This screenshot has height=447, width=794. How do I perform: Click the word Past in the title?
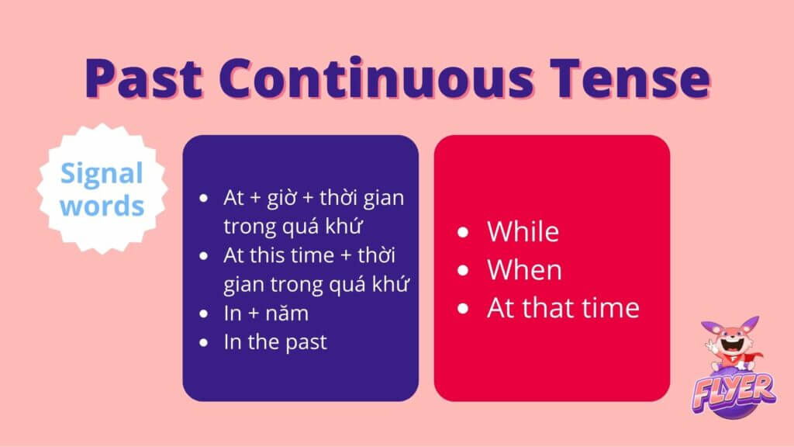pyautogui.click(x=143, y=78)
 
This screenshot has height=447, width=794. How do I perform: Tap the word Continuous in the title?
pyautogui.click(x=376, y=78)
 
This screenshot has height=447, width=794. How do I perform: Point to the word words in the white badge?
pyautogui.click(x=102, y=205)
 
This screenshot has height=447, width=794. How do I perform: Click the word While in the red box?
pyautogui.click(x=523, y=231)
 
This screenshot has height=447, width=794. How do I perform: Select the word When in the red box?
pyautogui.click(x=525, y=269)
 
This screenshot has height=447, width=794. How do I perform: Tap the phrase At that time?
pyautogui.click(x=563, y=307)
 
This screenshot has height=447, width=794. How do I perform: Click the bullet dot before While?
pyautogui.click(x=463, y=232)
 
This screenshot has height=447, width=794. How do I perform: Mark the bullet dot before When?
pyautogui.click(x=463, y=270)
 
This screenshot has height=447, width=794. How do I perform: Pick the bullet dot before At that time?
pyautogui.click(x=463, y=308)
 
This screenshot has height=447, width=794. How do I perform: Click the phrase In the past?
pyautogui.click(x=275, y=342)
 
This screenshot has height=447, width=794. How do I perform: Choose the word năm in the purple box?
pyautogui.click(x=287, y=314)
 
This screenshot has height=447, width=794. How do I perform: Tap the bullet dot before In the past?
pyautogui.click(x=204, y=342)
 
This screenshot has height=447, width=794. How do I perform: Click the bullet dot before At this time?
pyautogui.click(x=204, y=255)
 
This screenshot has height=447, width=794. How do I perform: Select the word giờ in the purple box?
pyautogui.click(x=281, y=198)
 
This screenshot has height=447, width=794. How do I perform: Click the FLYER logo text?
pyautogui.click(x=734, y=392)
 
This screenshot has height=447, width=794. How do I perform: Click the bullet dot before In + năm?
pyautogui.click(x=204, y=314)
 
